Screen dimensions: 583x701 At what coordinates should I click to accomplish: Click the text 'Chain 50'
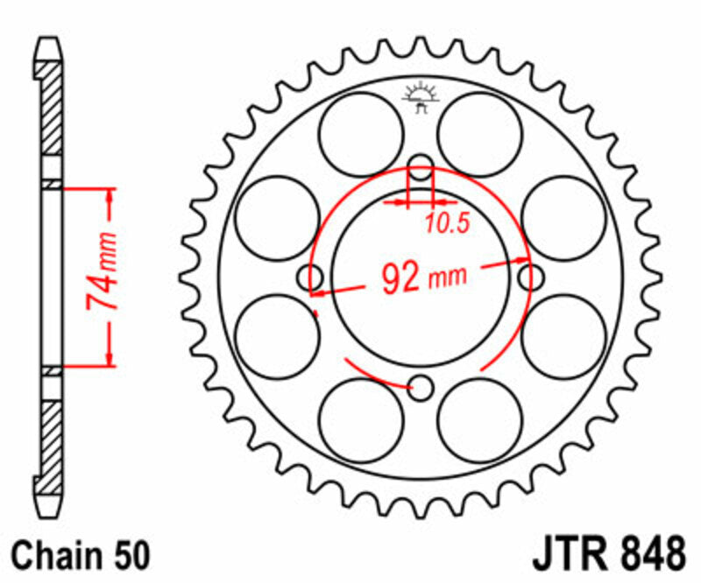pos(81,557)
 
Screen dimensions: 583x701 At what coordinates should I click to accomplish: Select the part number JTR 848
pos(607,556)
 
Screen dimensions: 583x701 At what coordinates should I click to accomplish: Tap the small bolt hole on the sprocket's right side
pos(530,277)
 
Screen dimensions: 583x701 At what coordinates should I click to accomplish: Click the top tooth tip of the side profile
pos(53,42)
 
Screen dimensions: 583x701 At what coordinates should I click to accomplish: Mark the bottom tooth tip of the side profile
pos(53,511)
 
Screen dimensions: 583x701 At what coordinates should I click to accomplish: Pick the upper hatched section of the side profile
pos(53,105)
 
